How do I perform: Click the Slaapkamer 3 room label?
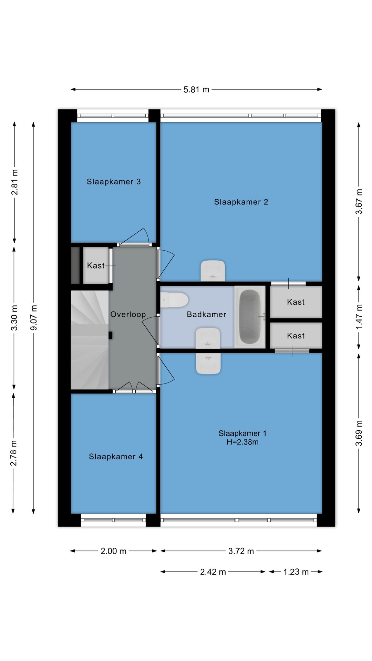(x=114, y=182)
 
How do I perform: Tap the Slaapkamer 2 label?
(x=241, y=202)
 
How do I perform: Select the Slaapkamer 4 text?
(x=116, y=457)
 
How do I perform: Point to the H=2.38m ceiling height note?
(x=242, y=442)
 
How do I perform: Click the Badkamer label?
(x=206, y=314)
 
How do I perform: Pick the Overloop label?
(x=128, y=314)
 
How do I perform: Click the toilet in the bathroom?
(x=175, y=300)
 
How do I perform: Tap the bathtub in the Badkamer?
(x=250, y=316)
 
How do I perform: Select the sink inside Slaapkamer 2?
(x=213, y=271)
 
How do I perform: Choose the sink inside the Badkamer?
(x=208, y=338)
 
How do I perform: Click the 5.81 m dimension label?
(x=196, y=90)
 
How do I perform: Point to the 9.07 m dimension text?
(x=34, y=317)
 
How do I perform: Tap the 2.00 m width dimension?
(x=114, y=551)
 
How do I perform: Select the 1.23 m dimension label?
(x=296, y=572)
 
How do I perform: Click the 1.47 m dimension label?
(x=359, y=316)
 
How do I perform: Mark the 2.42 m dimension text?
(x=213, y=572)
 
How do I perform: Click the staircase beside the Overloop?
(x=90, y=340)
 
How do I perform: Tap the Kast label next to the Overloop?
(x=96, y=265)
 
